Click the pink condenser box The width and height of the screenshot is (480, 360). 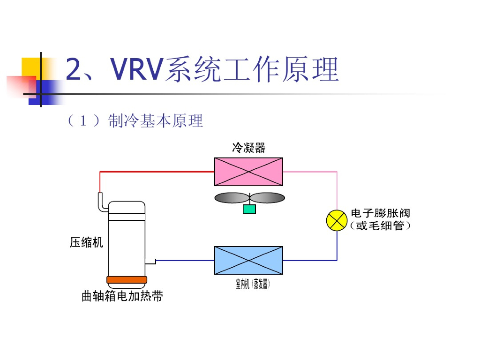(248, 172)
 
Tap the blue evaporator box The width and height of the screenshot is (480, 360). (248, 260)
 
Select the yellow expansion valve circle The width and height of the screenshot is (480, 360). (337, 221)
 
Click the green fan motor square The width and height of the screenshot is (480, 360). (249, 209)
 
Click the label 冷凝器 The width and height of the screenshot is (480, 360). (248, 148)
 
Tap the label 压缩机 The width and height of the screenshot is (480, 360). (86, 242)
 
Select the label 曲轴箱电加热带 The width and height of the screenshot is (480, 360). (122, 296)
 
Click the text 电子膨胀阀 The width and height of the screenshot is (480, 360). (380, 213)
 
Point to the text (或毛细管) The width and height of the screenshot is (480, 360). (380, 226)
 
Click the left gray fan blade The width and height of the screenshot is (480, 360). (232, 198)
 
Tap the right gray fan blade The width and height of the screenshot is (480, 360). (268, 198)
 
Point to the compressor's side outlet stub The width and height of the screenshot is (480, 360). (150, 261)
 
